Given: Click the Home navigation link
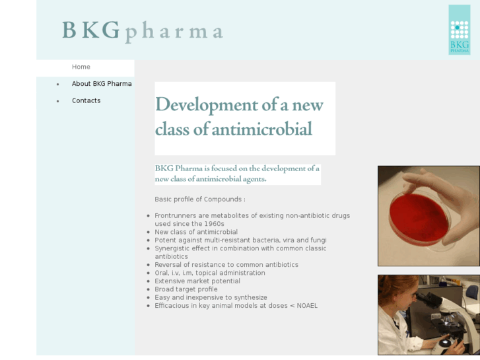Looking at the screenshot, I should pos(81,67).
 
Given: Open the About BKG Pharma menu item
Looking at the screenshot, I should pos(102,84).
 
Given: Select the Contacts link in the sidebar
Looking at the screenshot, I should pos(86,100).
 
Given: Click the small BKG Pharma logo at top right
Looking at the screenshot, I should pos(459,30).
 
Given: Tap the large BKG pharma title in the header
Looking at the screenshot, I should pos(143,31).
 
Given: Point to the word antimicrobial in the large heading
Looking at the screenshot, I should pos(261,129).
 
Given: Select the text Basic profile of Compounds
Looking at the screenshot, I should pos(200,199).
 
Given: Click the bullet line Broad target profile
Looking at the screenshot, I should pos(186,289).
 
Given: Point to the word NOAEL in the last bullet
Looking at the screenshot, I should pos(307,306).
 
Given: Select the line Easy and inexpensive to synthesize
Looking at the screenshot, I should pos(211,298).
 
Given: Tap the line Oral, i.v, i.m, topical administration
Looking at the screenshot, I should pos(210,273).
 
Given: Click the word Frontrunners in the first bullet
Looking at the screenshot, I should pos(176,216).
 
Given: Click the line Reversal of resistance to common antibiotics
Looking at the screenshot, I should pos(226,265).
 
